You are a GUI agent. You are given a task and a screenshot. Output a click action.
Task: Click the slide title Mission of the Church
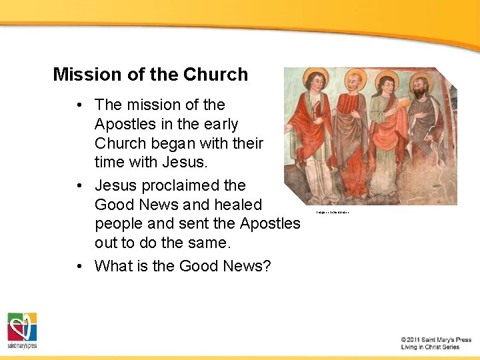click(150, 75)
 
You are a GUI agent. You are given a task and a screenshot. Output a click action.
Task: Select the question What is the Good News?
click(183, 266)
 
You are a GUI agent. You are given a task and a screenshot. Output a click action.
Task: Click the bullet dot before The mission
click(79, 105)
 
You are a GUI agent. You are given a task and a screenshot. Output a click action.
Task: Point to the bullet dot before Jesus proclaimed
click(79, 186)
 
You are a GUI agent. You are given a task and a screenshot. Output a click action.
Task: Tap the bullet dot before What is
click(79, 267)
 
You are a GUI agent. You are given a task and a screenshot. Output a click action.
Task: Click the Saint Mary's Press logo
click(22, 330)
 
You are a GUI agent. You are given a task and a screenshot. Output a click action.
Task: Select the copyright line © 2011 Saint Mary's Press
click(436, 339)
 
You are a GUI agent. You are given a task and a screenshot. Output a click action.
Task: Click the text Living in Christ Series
click(431, 347)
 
